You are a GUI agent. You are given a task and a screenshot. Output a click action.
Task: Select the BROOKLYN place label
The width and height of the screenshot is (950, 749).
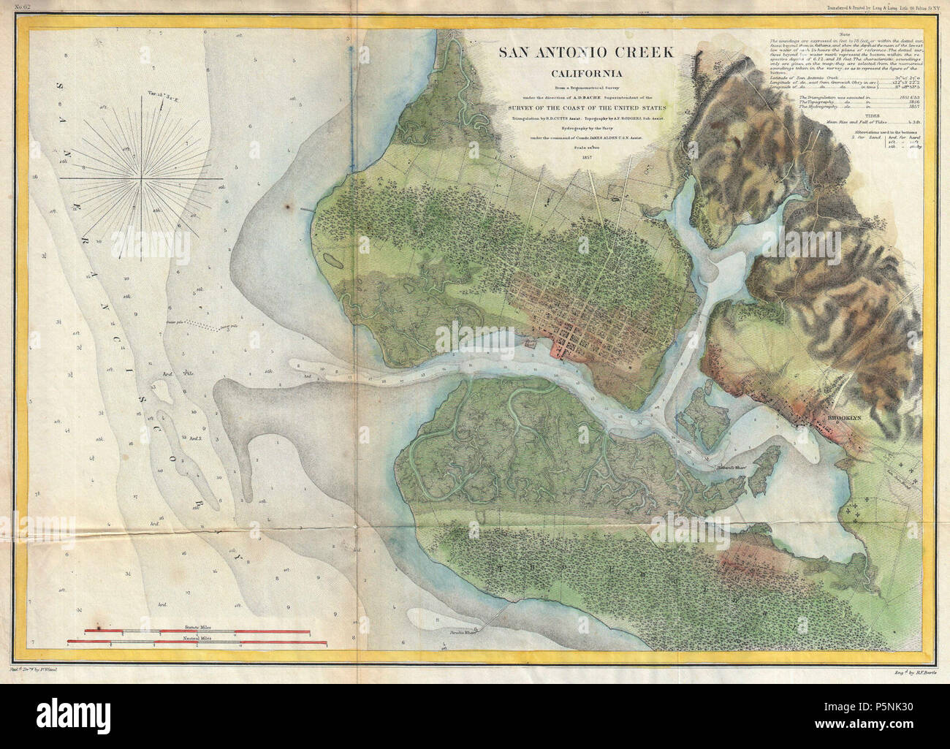pos(844,419)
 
